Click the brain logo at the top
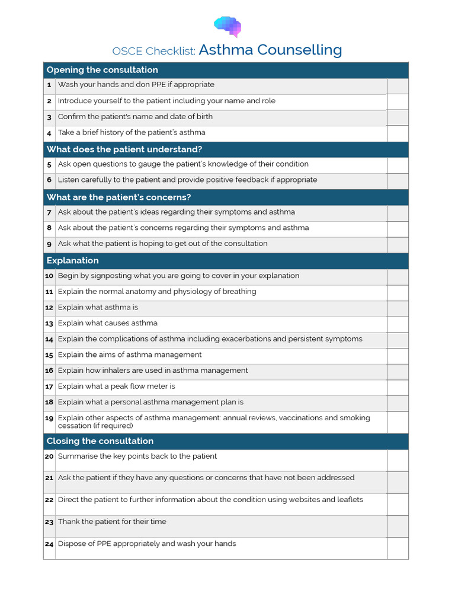[x=227, y=26]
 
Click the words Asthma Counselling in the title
[x=270, y=50]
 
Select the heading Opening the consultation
[x=102, y=70]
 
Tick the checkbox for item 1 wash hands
[x=398, y=86]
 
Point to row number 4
[x=49, y=133]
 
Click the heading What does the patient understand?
[x=124, y=149]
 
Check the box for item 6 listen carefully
[x=398, y=181]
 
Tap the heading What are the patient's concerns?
[x=118, y=197]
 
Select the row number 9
[x=49, y=244]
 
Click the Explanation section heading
[x=72, y=260]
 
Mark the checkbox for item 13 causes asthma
[x=398, y=324]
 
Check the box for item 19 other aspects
[x=398, y=422]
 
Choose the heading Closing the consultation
[x=100, y=441]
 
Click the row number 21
[x=49, y=478]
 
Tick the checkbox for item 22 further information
[x=398, y=504]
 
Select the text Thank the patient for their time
[x=112, y=522]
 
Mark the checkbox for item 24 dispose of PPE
[x=398, y=548]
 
